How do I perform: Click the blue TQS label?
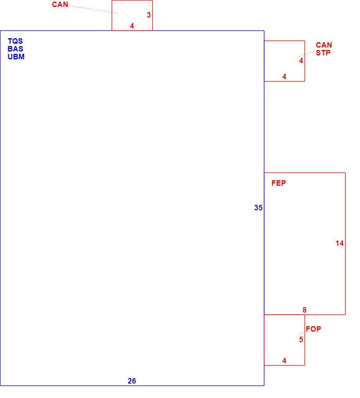tap(15, 41)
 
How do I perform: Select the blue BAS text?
tap(15, 49)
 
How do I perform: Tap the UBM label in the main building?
tap(16, 57)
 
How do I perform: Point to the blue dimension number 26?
tap(132, 381)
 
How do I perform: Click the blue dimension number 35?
tap(258, 208)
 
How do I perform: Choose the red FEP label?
tap(278, 183)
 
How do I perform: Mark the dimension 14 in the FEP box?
tap(339, 243)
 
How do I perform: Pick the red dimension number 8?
tap(305, 310)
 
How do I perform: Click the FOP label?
tap(313, 329)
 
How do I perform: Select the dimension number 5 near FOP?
tap(301, 339)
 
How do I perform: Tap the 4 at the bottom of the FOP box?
tap(284, 361)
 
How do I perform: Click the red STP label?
tap(323, 53)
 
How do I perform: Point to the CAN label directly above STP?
tap(324, 45)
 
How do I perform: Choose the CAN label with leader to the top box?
tap(60, 4)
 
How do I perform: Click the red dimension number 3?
tap(149, 15)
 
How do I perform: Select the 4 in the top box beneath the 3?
tap(132, 26)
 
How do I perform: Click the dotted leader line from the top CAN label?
tap(93, 9)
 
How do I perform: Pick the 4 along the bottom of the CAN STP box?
tap(284, 76)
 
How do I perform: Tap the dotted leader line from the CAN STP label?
tap(307, 54)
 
